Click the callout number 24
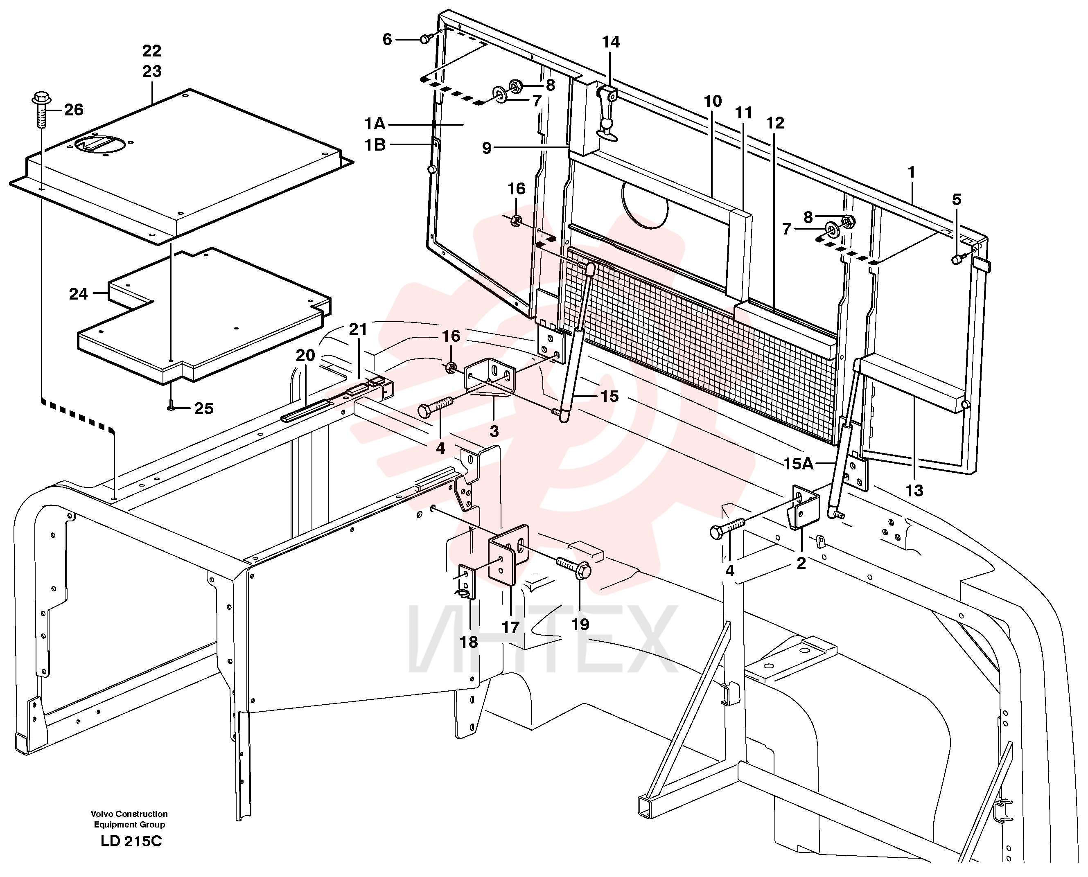click(78, 294)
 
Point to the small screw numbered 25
click(171, 407)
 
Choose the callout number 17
click(510, 627)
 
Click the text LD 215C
click(131, 841)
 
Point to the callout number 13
click(914, 490)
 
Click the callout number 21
click(358, 329)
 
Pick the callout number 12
click(775, 123)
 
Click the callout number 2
click(801, 563)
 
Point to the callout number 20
click(305, 356)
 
